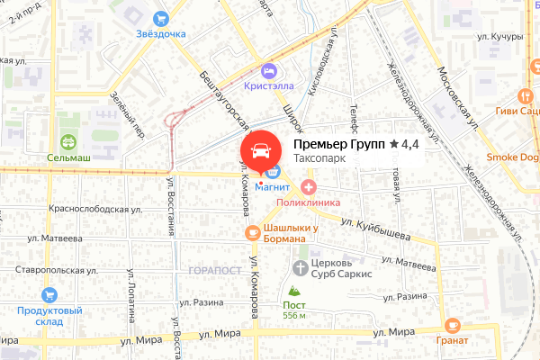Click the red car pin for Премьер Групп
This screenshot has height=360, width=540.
click(x=259, y=150)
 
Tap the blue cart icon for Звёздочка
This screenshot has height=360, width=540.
click(x=161, y=17)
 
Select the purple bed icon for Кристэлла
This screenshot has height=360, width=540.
click(x=267, y=70)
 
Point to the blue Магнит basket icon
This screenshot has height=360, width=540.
click(x=271, y=171)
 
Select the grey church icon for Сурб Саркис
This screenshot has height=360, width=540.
click(x=300, y=267)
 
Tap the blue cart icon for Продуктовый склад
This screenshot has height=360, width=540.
click(x=49, y=294)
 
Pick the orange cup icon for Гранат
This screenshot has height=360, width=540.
click(x=452, y=326)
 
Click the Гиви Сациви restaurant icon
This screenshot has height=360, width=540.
click(x=525, y=95)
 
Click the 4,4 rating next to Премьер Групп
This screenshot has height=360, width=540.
click(x=404, y=144)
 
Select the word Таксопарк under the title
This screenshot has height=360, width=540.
click(x=320, y=159)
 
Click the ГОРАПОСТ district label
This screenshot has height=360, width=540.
click(x=215, y=270)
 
